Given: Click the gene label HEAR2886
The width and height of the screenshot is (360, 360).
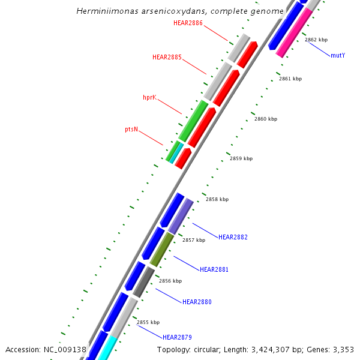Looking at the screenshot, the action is point(187,23).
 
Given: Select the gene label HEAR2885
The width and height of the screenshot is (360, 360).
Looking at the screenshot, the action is point(167,57).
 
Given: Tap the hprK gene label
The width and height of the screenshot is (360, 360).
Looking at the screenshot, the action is point(149,97).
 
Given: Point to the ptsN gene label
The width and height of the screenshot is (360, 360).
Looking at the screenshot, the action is point(131,129).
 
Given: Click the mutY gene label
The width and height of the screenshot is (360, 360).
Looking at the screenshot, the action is point(338,55).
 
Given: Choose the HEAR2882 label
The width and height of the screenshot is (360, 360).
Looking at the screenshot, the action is point(233,237).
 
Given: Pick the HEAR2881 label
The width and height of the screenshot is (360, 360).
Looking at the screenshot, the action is point(214,269).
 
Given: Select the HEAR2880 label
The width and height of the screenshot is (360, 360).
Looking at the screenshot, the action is point(197,302).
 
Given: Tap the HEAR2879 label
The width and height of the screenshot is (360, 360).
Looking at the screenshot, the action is point(177,337).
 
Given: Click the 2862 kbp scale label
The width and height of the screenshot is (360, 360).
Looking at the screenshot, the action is point(316,40).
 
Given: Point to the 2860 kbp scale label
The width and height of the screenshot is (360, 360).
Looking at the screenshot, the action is point(266,119).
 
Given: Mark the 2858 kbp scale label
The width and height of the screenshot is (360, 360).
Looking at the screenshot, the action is point(217,199).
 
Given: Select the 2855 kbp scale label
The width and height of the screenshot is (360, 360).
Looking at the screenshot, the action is point(148,322).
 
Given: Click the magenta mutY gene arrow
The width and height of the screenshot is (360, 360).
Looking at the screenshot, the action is point(295,32).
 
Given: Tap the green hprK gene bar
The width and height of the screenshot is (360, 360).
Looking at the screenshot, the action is point(193,121).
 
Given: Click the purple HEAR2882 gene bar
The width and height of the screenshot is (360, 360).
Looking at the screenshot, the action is point(180,216).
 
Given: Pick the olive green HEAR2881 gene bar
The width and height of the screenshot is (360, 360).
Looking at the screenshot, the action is point(162,250).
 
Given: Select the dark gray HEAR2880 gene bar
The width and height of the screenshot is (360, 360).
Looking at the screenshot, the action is point(144,282).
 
